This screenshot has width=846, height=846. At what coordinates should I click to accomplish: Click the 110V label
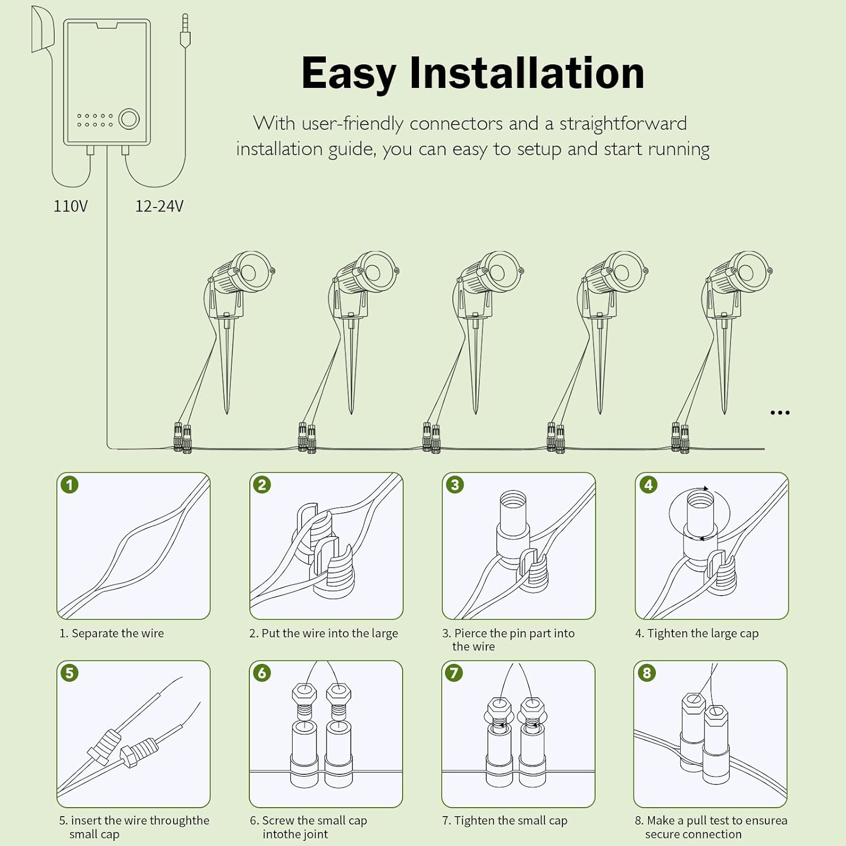point(70,206)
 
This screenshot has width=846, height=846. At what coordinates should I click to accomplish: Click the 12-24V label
point(159,206)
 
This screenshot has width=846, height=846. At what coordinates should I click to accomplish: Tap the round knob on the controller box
point(129,119)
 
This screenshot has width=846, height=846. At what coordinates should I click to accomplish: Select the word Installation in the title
point(527,73)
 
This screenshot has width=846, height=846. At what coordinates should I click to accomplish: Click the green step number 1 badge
point(69,485)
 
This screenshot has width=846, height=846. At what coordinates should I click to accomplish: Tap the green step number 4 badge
point(648,485)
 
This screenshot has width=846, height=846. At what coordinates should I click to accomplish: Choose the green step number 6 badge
point(262,673)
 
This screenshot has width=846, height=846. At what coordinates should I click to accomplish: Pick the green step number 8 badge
point(646,673)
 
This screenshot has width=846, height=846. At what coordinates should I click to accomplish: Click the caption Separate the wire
point(112,633)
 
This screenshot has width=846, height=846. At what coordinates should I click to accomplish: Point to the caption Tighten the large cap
point(697,633)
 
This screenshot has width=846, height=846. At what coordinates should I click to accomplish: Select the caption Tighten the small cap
point(505,821)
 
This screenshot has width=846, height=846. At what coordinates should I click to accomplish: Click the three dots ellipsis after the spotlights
point(779,413)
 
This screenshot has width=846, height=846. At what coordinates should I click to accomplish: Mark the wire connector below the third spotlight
point(431,438)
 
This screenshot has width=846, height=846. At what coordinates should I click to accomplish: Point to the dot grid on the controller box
point(95,120)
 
